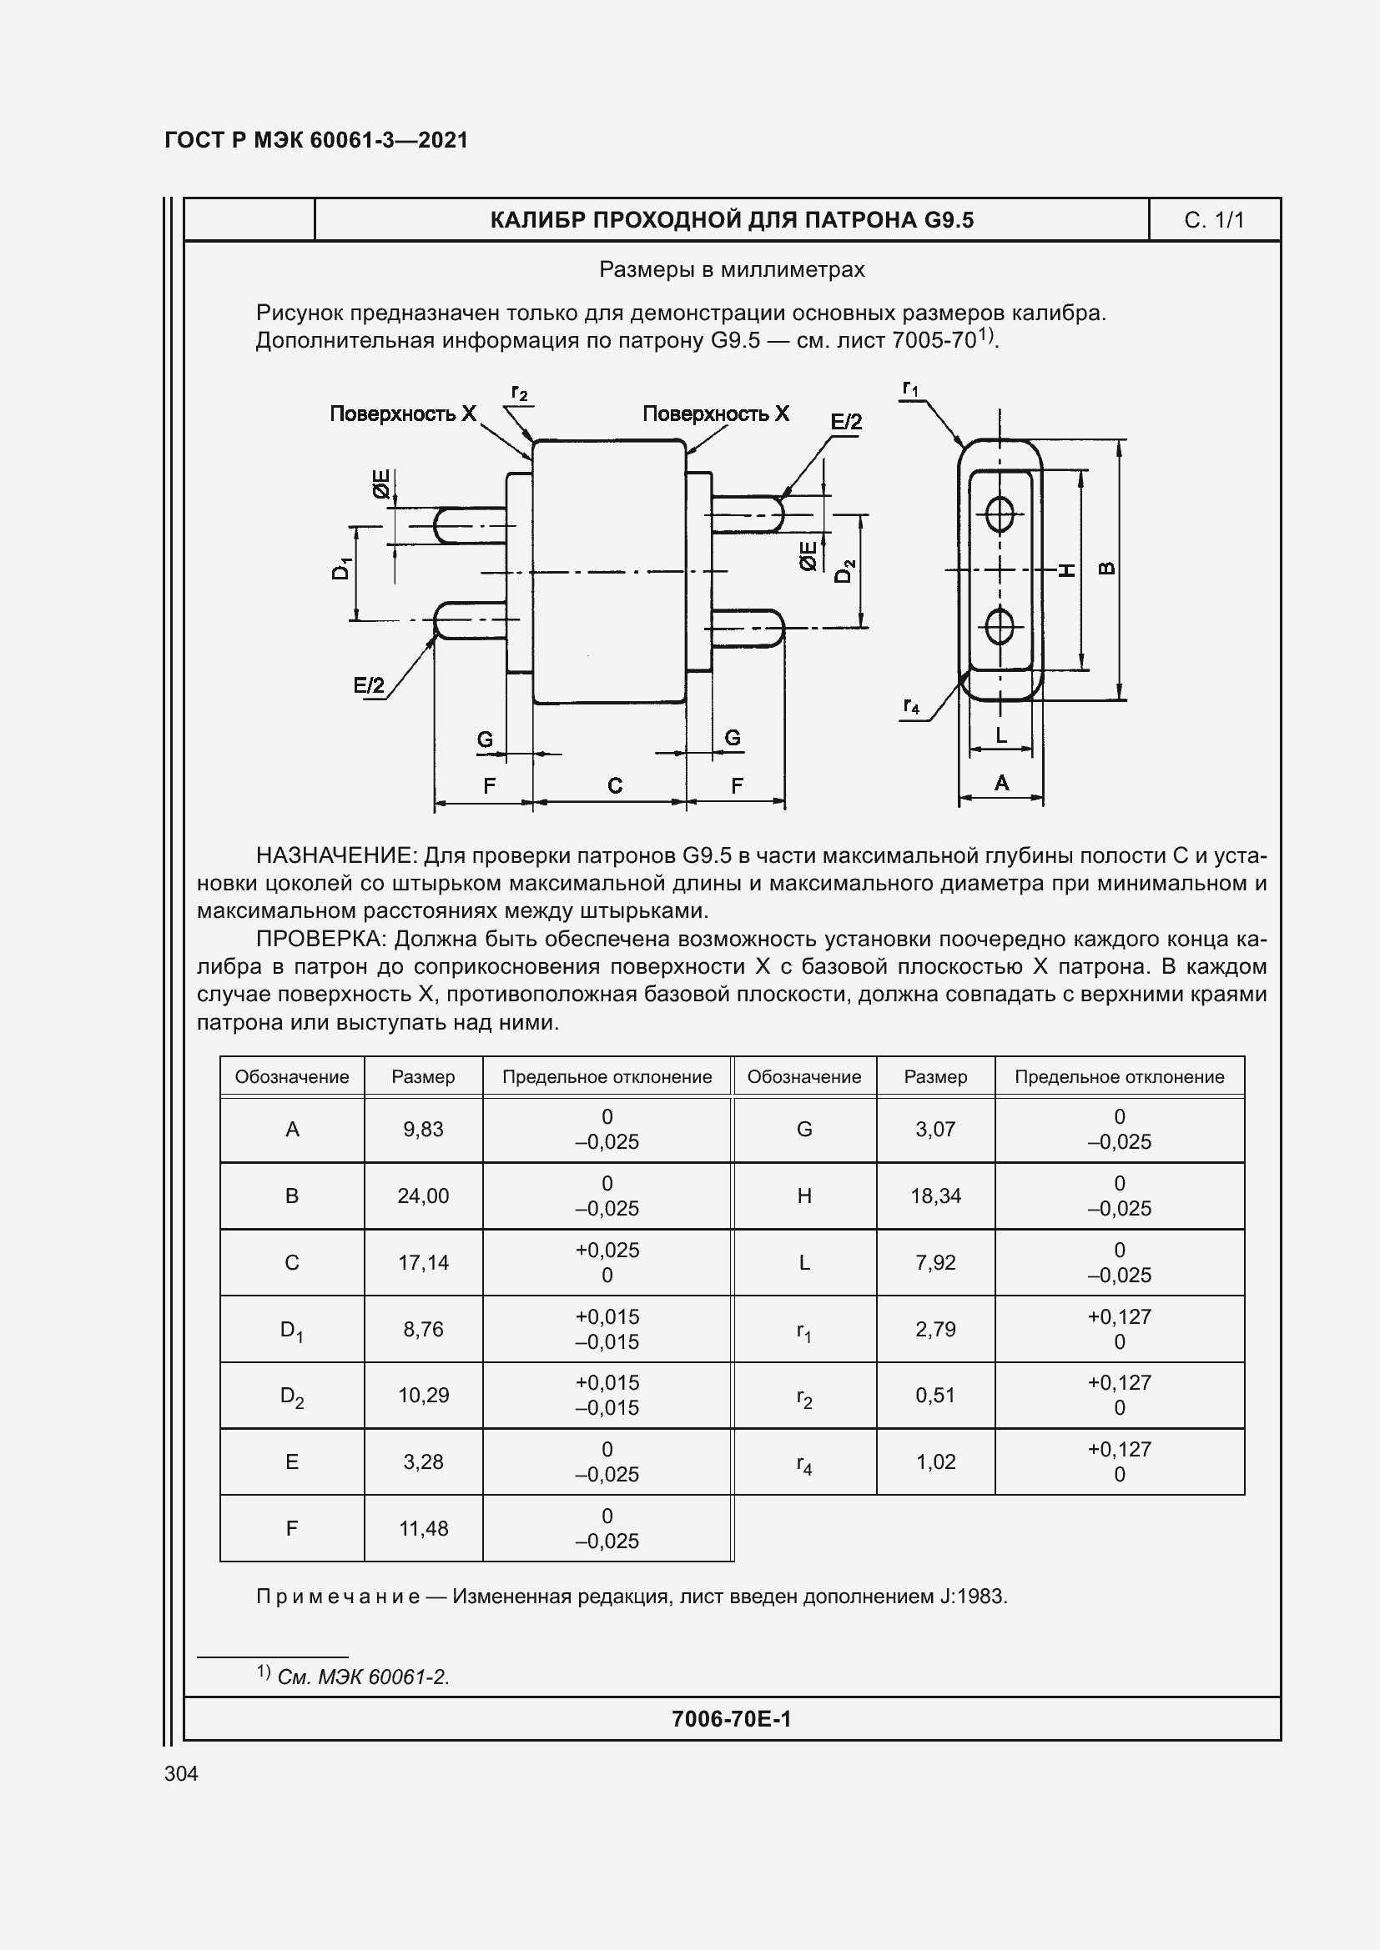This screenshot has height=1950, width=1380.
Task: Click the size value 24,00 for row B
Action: (423, 1196)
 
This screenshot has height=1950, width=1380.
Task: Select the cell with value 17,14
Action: (423, 1263)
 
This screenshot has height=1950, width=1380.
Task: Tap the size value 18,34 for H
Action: (935, 1196)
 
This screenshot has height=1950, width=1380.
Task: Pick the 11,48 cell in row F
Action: (423, 1529)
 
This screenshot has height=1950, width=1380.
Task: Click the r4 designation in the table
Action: (803, 1463)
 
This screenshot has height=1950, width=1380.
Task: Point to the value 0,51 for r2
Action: (935, 1396)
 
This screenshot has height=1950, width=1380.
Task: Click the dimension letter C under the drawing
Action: (615, 786)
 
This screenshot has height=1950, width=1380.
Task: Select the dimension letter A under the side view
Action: (1001, 783)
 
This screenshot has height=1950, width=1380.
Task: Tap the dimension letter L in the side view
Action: (1001, 735)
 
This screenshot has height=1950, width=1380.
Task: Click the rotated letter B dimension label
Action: (1107, 569)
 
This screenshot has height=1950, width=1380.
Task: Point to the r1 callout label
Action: (910, 389)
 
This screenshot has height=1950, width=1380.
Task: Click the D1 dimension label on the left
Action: (340, 569)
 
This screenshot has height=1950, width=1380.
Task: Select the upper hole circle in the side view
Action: (1000, 513)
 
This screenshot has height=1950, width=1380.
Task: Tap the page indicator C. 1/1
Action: (1213, 221)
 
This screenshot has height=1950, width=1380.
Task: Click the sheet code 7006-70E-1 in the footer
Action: (731, 1719)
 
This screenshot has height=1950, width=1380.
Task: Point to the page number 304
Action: (181, 1773)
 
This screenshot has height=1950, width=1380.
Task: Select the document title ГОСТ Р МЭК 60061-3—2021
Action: (316, 140)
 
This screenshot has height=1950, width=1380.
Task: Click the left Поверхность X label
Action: (403, 414)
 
